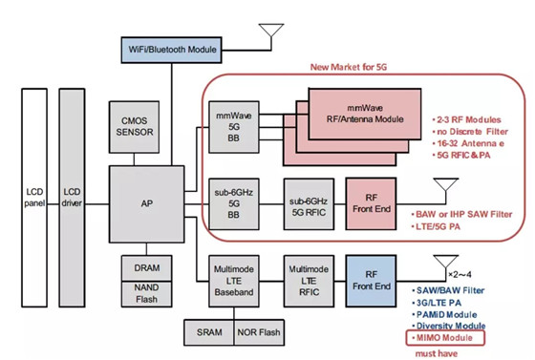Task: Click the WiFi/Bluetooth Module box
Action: coord(171,50)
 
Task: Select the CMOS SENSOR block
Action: coord(134,127)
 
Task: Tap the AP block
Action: coord(147,203)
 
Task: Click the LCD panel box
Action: coord(34,198)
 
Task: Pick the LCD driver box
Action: coord(72,198)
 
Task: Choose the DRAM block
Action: coord(147,268)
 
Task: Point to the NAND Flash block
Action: coord(147,294)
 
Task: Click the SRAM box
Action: coord(209,332)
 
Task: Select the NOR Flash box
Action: coord(259,332)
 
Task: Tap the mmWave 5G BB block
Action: coord(234,127)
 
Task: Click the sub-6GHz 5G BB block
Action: coord(234,203)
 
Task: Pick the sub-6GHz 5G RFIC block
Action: coord(309,203)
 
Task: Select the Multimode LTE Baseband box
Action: coord(234,281)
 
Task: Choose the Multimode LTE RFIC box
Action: coord(309,281)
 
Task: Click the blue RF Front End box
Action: coord(372,281)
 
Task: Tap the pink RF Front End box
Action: coord(372,203)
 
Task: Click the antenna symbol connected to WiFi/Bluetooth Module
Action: coord(271,34)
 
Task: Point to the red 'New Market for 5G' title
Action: coord(349,67)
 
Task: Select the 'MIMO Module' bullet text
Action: coord(444,338)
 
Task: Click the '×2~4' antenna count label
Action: coord(460,274)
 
